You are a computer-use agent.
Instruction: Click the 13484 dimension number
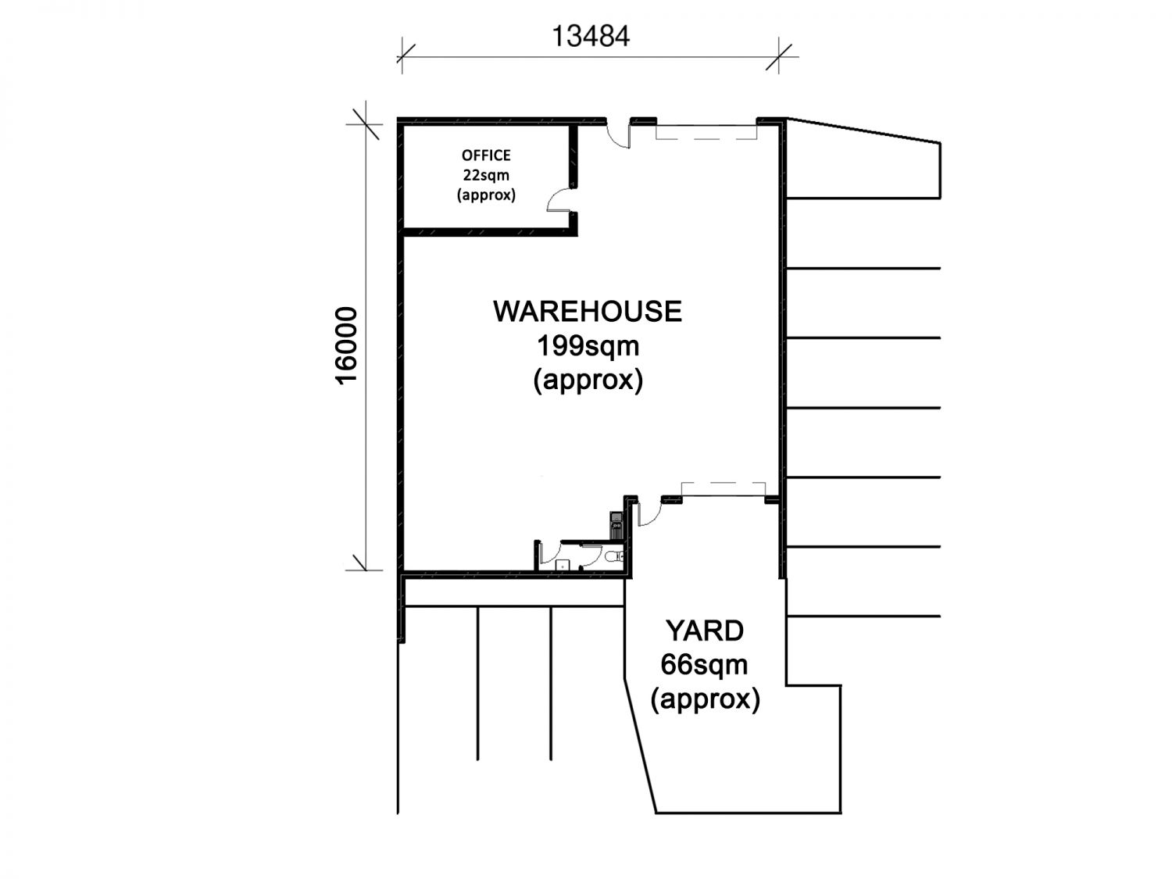pyautogui.click(x=590, y=36)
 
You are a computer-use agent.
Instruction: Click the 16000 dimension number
pyautogui.click(x=346, y=345)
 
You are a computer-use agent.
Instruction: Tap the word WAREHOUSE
pyautogui.click(x=588, y=311)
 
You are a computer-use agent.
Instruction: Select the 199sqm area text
pyautogui.click(x=588, y=346)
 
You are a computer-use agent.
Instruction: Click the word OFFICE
pyautogui.click(x=486, y=155)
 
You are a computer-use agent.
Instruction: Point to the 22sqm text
pyautogui.click(x=486, y=175)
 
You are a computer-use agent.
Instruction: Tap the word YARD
pyautogui.click(x=704, y=631)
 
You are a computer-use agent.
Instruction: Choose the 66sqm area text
pyautogui.click(x=704, y=665)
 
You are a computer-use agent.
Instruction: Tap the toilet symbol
pyautogui.click(x=615, y=556)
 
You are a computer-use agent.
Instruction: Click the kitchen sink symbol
pyautogui.click(x=616, y=525)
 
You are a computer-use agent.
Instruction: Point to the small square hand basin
pyautogui.click(x=563, y=565)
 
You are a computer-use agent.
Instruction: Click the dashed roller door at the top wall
pyautogui.click(x=706, y=131)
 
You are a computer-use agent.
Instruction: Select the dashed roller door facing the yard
pyautogui.click(x=724, y=490)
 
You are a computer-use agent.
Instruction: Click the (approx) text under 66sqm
pyautogui.click(x=705, y=699)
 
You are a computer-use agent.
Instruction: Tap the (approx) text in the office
pyautogui.click(x=486, y=195)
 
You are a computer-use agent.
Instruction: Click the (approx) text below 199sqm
pyautogui.click(x=588, y=380)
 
